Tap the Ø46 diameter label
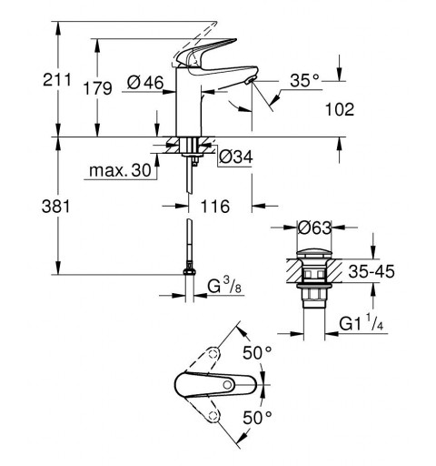[x=145, y=84]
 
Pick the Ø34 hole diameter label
[x=235, y=157]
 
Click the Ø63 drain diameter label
[x=314, y=227]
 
